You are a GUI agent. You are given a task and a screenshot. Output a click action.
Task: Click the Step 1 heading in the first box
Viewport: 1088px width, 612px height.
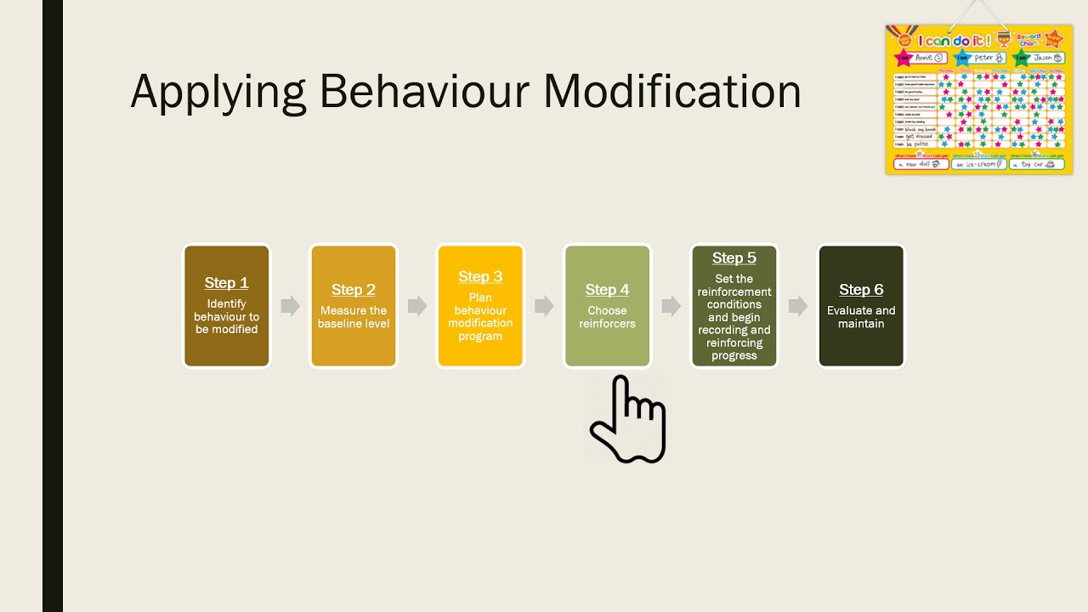[226, 283]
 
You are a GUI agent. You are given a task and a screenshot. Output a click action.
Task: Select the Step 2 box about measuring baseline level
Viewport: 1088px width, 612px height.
[353, 306]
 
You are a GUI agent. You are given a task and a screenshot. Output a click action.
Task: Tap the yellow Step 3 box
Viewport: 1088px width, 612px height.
[480, 306]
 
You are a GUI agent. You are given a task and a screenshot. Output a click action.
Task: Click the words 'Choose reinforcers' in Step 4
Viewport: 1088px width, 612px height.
[607, 317]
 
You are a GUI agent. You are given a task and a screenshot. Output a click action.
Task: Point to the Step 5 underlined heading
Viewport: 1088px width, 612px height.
[734, 258]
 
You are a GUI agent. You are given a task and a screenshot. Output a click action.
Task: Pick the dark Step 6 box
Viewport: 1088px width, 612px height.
[861, 306]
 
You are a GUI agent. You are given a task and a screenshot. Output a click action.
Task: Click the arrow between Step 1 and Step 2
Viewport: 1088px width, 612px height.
[290, 306]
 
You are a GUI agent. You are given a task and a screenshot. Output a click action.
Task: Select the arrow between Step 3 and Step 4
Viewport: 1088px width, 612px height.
[544, 306]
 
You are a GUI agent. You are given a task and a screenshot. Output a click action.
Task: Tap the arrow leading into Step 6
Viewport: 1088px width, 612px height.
[797, 306]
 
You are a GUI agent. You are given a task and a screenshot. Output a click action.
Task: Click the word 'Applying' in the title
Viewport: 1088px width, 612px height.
[218, 92]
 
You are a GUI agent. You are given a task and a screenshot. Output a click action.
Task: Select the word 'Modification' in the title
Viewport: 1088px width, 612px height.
[672, 92]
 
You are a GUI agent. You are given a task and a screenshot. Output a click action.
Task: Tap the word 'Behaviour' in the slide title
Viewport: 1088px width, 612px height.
[425, 92]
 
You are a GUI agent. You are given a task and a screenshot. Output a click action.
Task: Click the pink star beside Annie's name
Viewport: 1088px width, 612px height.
[903, 58]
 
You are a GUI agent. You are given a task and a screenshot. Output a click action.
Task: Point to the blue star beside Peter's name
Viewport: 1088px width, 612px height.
[962, 58]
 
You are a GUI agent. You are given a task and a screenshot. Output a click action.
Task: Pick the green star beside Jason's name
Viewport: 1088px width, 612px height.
[1021, 58]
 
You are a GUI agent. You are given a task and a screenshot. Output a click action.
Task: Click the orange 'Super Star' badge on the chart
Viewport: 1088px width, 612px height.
[1054, 38]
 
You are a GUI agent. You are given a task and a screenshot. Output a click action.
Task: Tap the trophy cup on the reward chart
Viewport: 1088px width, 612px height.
[1004, 38]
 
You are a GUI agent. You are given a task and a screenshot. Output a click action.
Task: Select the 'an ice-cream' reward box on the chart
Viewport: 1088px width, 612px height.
[978, 164]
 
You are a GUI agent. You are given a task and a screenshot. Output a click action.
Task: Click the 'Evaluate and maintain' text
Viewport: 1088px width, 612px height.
[861, 317]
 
